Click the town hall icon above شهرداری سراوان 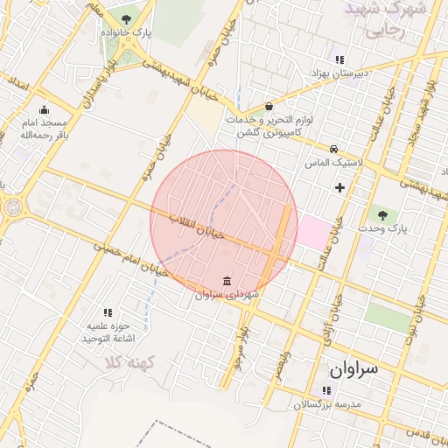227,281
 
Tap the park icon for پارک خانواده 128,18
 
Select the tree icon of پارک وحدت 381,214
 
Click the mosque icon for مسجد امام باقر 43,109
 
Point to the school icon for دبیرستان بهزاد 339,59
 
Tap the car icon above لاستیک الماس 333,149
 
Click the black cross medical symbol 339,187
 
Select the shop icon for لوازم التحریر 268,105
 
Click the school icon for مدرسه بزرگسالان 325,390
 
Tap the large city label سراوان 353,368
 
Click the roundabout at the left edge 13,208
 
